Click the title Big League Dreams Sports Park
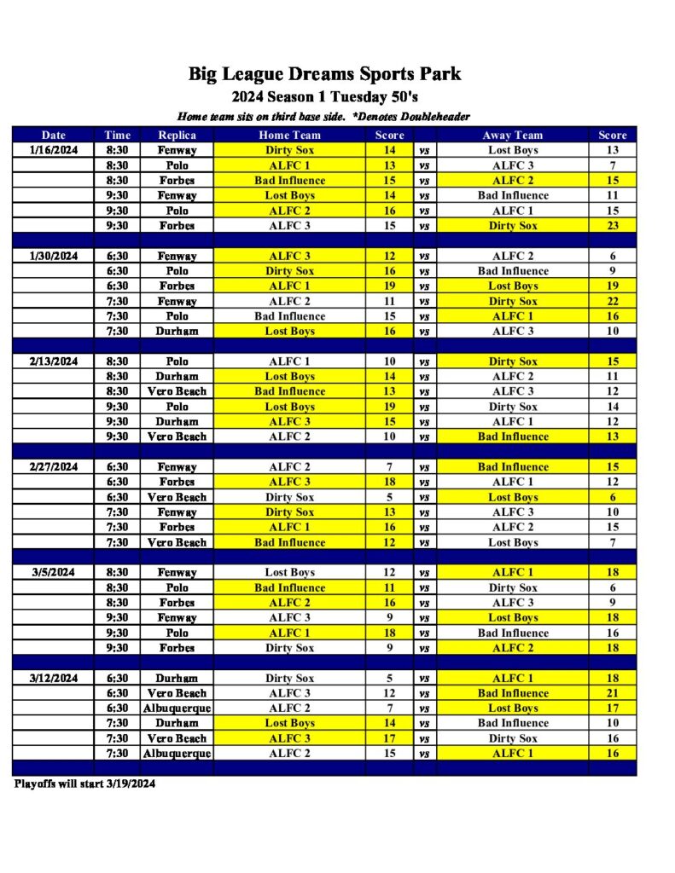click(324, 73)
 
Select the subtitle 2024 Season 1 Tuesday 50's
click(324, 96)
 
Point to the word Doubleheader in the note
click(433, 116)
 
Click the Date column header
click(53, 135)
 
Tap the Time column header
click(117, 135)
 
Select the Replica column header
click(177, 135)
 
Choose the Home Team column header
click(289, 135)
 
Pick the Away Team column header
click(513, 135)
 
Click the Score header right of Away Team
click(612, 135)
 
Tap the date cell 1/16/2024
click(53, 150)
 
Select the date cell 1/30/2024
click(53, 256)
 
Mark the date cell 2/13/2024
click(53, 361)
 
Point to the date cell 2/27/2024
click(53, 467)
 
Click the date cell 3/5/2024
click(53, 573)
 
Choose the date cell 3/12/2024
click(53, 679)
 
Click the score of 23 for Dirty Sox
click(612, 226)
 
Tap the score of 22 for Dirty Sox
click(612, 301)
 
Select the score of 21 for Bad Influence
click(612, 693)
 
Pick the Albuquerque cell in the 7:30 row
click(177, 754)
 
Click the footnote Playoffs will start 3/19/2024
click(84, 783)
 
